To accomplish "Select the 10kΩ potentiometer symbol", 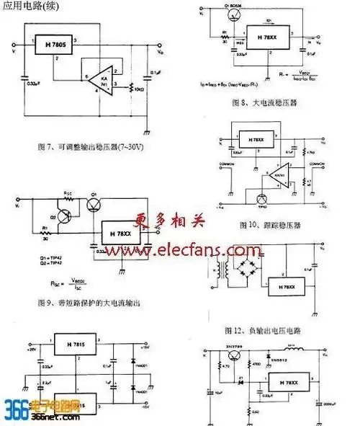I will [x=130, y=89].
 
